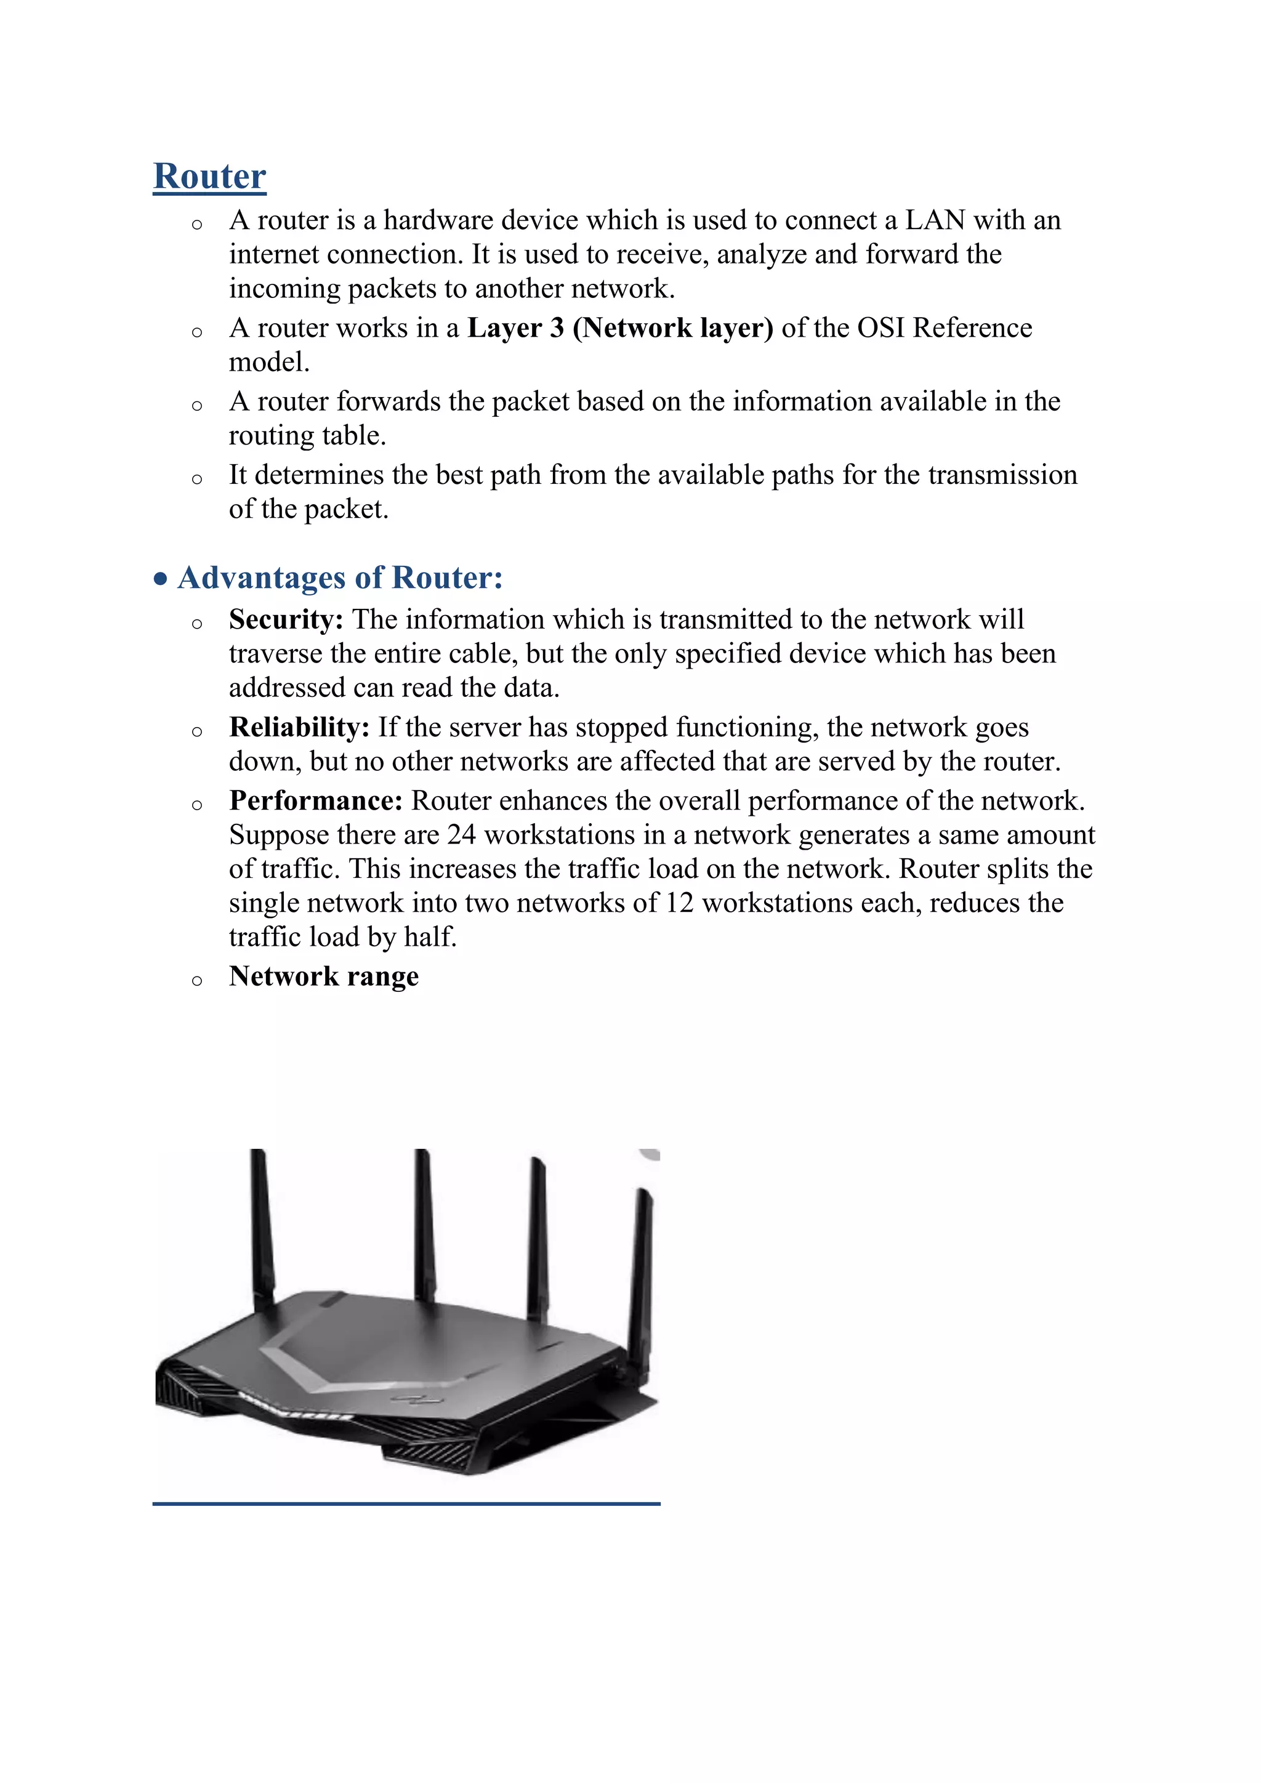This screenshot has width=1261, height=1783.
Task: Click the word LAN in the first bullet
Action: [936, 220]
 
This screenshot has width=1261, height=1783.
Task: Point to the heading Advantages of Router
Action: [340, 578]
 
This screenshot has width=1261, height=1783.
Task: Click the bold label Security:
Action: [286, 620]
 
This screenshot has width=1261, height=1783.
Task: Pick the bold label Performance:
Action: [315, 800]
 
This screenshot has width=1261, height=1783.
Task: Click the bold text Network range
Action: [324, 976]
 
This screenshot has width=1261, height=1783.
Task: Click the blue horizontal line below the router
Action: [406, 1504]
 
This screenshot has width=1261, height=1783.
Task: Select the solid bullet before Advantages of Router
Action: [161, 579]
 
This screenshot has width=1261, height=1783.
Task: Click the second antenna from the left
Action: [424, 1219]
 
